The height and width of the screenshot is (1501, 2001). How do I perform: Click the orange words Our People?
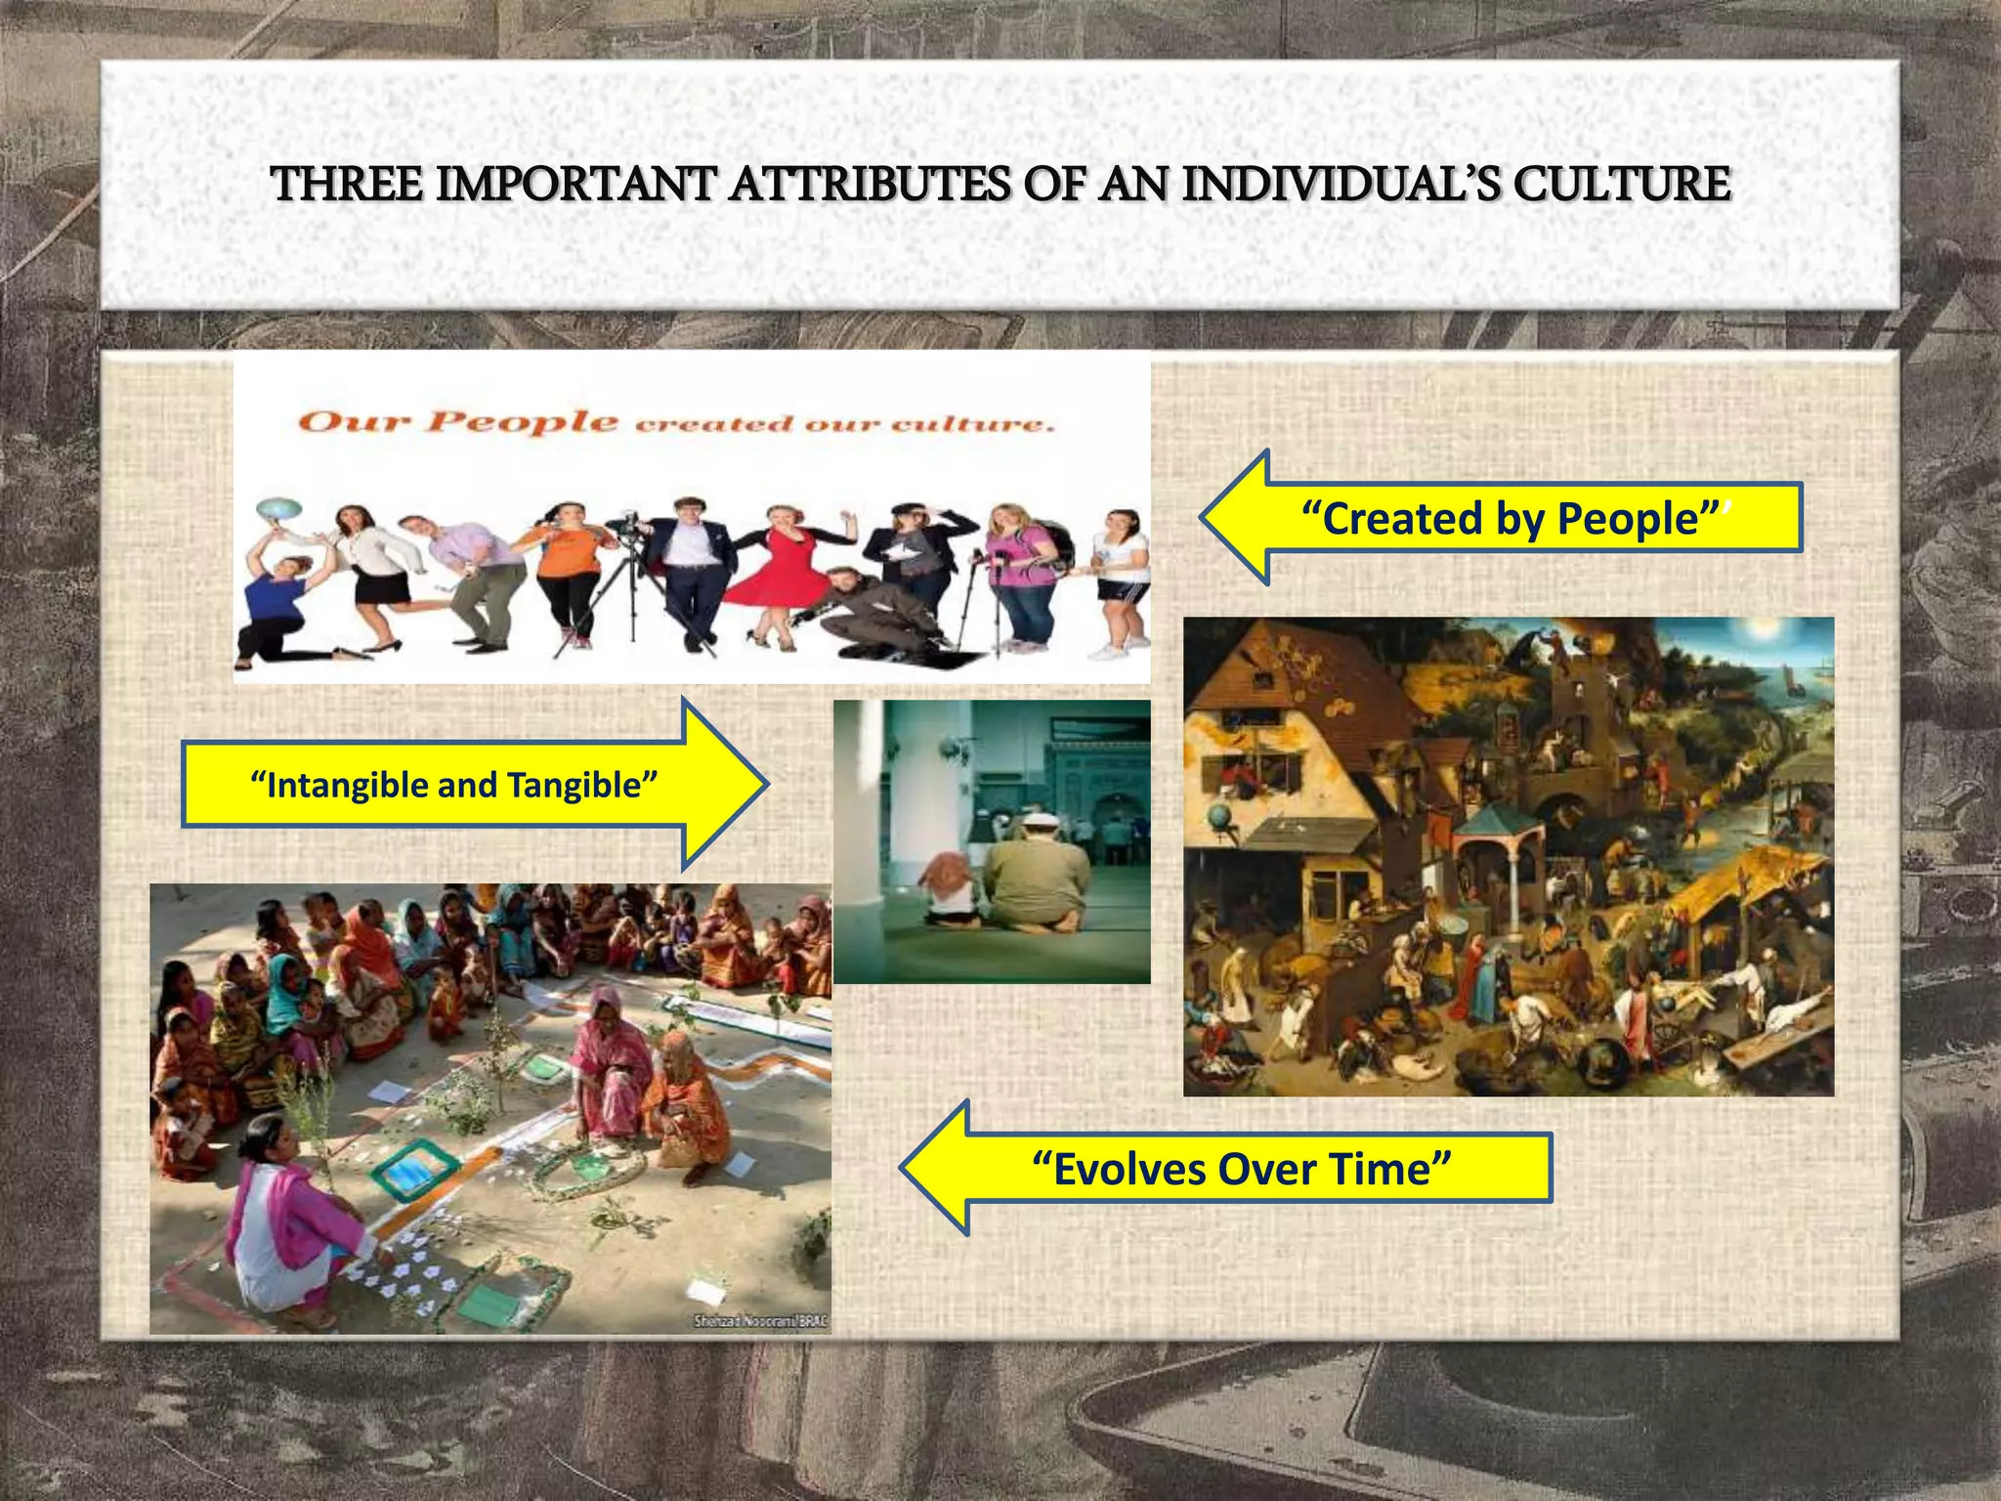pyautogui.click(x=457, y=422)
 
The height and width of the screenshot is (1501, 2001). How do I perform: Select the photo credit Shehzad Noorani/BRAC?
pyautogui.click(x=759, y=1321)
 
